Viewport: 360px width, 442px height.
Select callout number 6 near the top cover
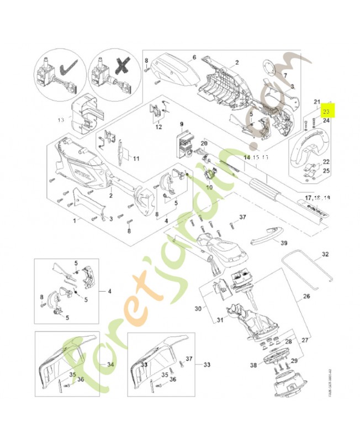(194, 57)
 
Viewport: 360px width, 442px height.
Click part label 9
(180, 124)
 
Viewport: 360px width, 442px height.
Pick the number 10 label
(210, 187)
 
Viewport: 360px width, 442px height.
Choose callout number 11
(135, 159)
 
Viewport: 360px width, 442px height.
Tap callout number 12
(158, 127)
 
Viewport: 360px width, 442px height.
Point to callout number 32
(325, 255)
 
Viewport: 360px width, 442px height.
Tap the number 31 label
(219, 320)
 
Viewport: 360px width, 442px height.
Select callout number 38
(253, 365)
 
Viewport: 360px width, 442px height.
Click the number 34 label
(110, 365)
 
